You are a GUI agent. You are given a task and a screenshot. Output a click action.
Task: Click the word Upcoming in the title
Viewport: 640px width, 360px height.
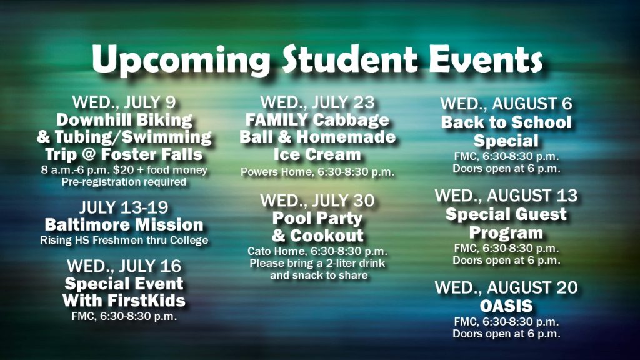[181, 61]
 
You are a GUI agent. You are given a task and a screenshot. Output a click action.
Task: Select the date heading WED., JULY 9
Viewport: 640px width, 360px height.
[124, 102]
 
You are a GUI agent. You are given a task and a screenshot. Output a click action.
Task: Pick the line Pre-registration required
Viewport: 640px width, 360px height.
[124, 182]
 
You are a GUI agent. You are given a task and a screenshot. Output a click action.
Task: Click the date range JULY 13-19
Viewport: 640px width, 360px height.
[124, 207]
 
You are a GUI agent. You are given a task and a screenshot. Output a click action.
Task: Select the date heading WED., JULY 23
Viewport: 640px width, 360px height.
[317, 102]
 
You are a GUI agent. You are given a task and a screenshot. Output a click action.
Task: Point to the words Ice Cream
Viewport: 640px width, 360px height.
[317, 154]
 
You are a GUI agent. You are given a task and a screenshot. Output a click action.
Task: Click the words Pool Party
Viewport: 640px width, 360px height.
[317, 219]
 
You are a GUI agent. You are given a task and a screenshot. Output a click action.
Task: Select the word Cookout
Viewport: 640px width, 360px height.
[326, 236]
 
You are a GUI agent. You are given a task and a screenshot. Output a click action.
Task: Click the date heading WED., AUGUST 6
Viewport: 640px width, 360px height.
[506, 104]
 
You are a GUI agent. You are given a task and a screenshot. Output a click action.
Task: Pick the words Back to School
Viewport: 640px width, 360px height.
[506, 122]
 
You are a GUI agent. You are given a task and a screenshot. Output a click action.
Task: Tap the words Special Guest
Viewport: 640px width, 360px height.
[506, 214]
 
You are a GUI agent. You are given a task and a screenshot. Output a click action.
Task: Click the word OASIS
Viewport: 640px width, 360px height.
[506, 306]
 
